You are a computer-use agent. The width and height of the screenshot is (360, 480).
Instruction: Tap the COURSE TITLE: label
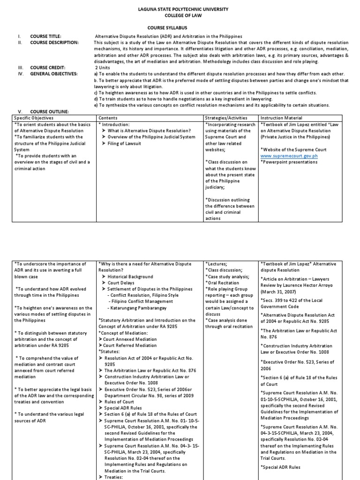(46, 36)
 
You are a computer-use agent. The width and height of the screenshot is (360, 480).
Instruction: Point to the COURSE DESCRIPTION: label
(54, 42)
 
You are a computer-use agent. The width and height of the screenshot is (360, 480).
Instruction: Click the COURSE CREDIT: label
(48, 67)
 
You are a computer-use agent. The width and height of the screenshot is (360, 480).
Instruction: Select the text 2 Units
(104, 67)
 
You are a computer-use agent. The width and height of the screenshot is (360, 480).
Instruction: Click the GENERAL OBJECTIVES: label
(53, 74)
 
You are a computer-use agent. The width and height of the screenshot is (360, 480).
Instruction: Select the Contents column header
(108, 118)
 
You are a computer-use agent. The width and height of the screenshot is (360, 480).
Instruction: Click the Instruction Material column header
(281, 118)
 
